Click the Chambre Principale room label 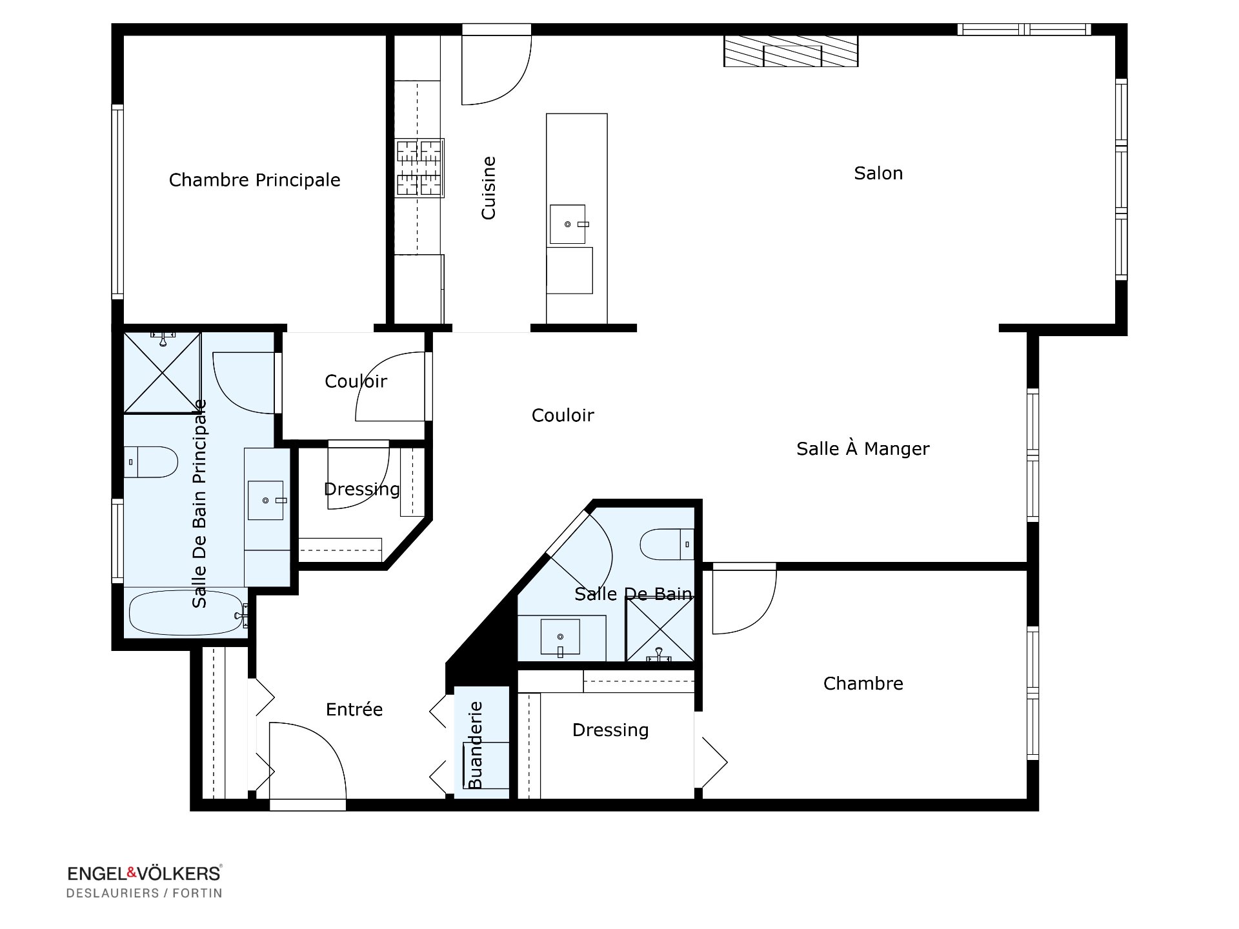[x=254, y=180]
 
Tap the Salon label [x=878, y=173]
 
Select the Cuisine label [x=489, y=188]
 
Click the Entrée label [x=354, y=710]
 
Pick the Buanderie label [x=475, y=745]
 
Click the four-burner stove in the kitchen [x=420, y=168]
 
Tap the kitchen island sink [x=568, y=225]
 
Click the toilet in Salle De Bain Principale [x=150, y=462]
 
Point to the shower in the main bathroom [x=162, y=372]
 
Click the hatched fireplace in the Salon [x=791, y=51]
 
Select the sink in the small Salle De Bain [x=560, y=637]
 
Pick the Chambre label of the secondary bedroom [x=863, y=683]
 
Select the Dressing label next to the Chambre [x=610, y=730]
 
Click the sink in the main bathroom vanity [x=266, y=500]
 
